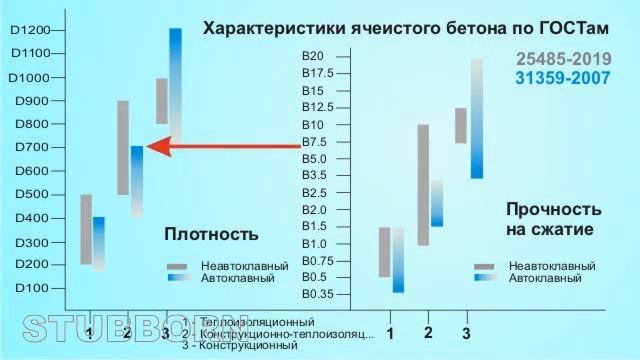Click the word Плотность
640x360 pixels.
[x=211, y=234]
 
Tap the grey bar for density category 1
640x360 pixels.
[x=86, y=229]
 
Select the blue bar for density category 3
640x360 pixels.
[x=176, y=80]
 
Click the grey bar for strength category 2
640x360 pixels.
[x=423, y=184]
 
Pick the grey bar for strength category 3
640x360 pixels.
[x=461, y=125]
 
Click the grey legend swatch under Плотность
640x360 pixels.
[x=178, y=265]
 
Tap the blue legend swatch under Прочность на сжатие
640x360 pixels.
[x=485, y=278]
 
